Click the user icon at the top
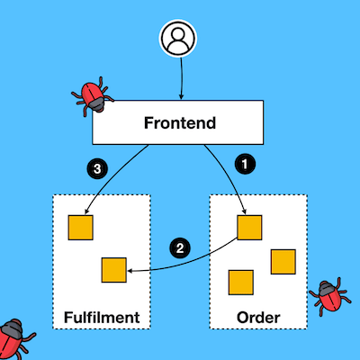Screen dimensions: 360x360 click(178, 38)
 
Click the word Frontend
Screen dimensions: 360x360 click(180, 122)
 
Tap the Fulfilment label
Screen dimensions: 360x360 click(102, 318)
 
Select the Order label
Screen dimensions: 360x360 click(258, 318)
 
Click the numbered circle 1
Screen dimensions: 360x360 click(245, 164)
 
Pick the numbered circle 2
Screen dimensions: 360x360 click(180, 248)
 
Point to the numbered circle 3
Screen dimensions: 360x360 click(97, 169)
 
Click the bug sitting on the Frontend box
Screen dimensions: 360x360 click(92, 95)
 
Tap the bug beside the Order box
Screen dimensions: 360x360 click(329, 296)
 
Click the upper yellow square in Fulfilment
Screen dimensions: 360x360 click(80, 228)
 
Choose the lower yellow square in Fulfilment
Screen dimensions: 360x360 click(114, 270)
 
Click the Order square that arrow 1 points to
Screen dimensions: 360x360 click(249, 228)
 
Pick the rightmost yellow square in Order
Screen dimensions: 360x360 click(283, 262)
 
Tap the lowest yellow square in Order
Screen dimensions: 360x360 click(241, 283)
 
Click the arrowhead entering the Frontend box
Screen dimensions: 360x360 click(181, 97)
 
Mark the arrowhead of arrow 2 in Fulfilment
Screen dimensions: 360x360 click(130, 271)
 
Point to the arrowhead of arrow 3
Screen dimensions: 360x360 click(86, 211)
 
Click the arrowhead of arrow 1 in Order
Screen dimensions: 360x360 click(245, 212)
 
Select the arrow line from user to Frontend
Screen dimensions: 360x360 click(181, 78)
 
